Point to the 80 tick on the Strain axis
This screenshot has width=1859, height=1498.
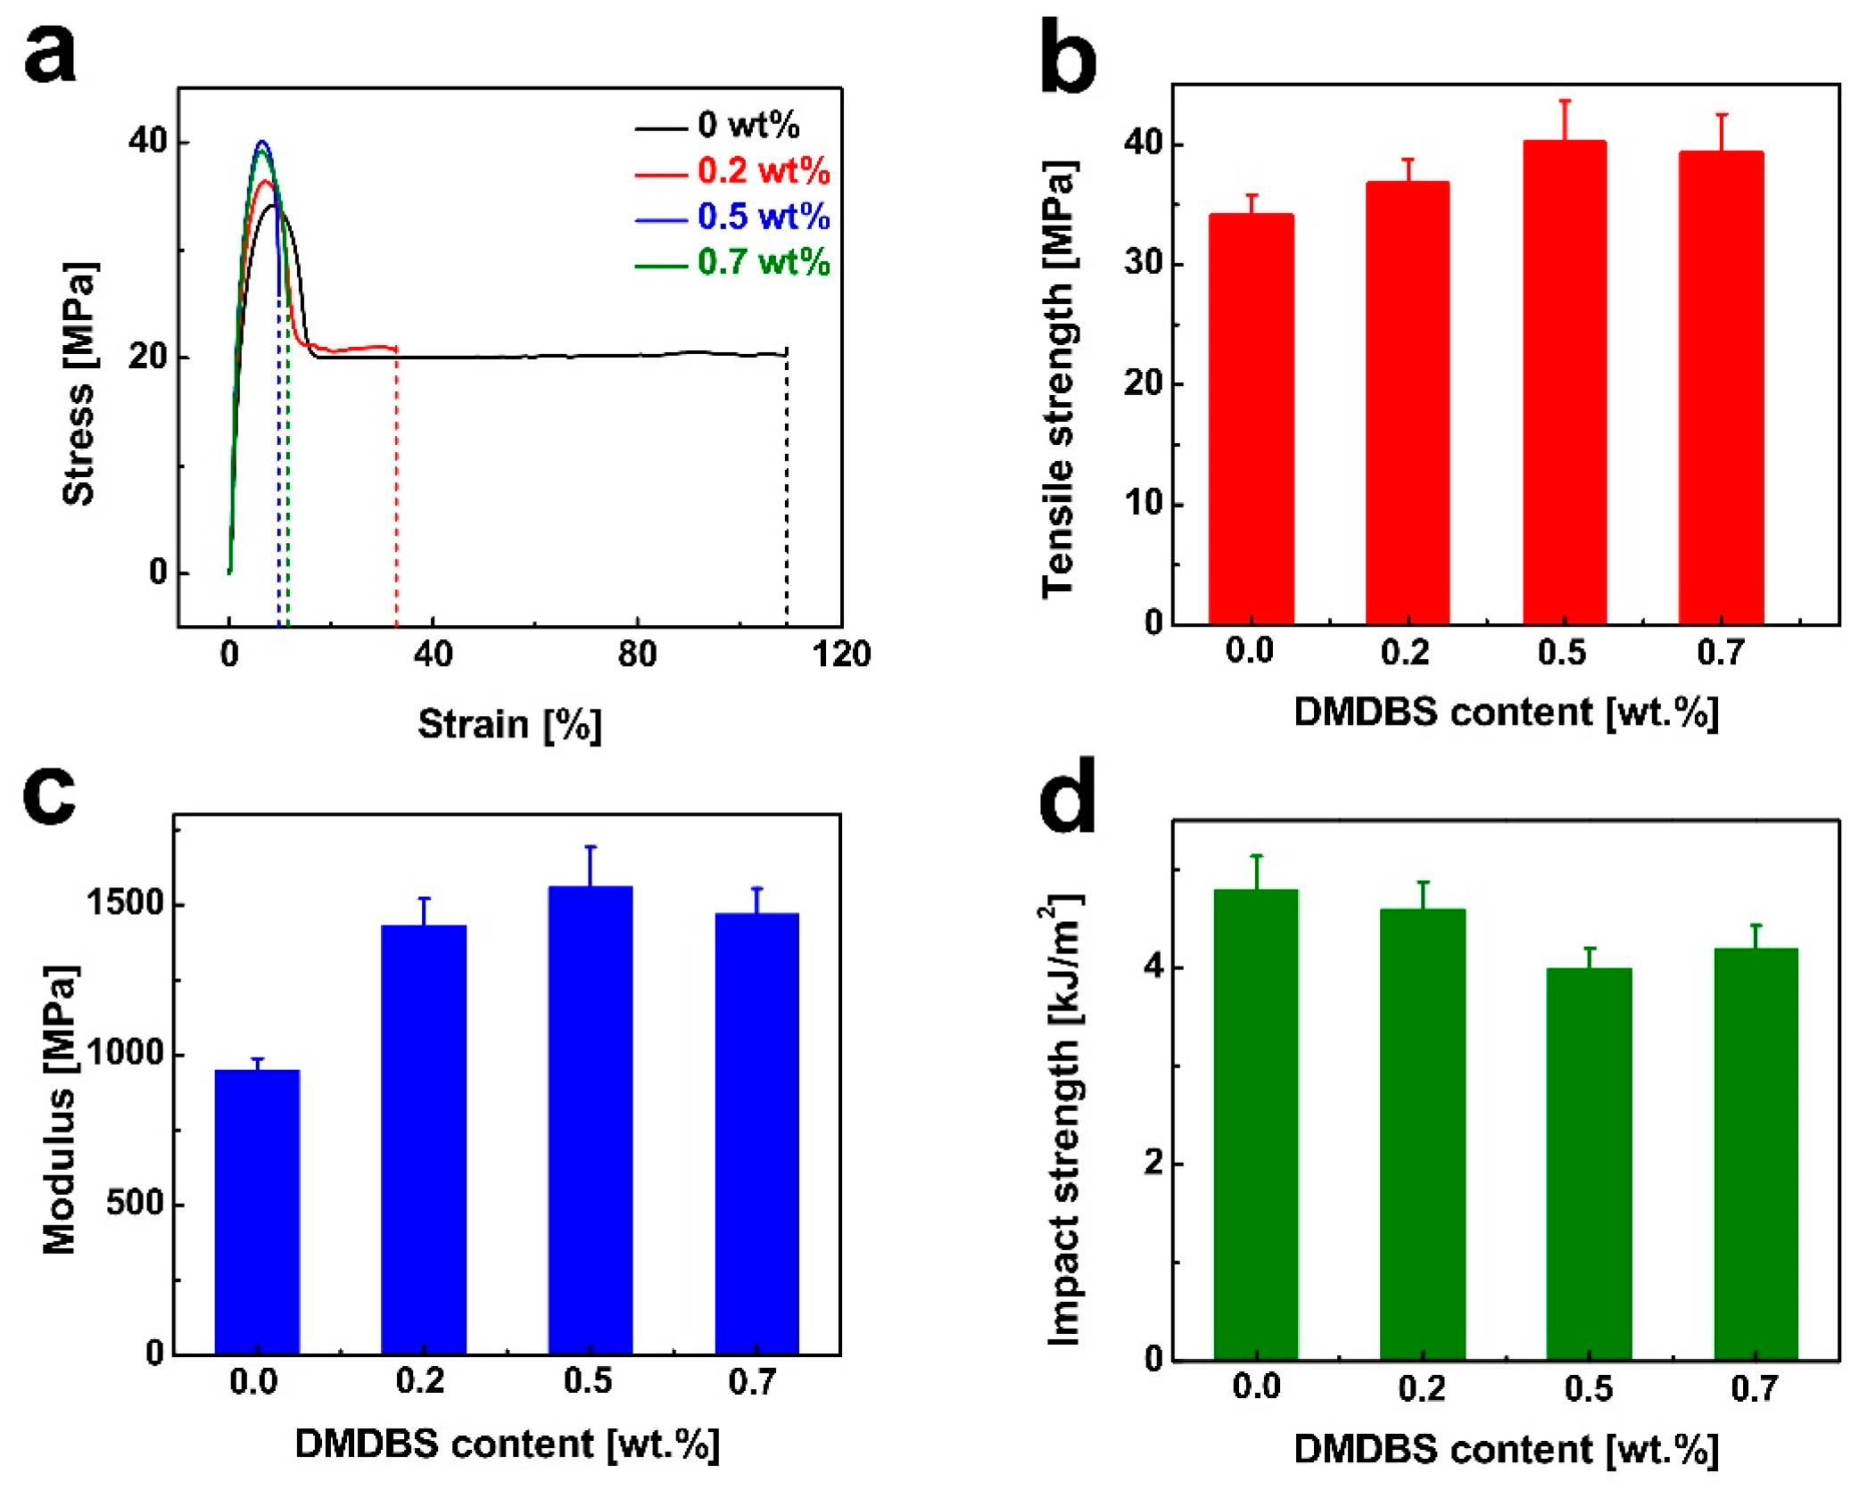[x=637, y=654]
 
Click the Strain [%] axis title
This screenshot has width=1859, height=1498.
[x=509, y=724]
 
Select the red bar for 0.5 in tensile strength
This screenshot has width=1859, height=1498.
[x=1564, y=383]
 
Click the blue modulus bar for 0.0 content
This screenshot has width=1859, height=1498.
[x=257, y=1213]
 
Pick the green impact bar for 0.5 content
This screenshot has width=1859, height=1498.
[x=1589, y=1164]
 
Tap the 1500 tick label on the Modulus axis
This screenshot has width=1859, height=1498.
[x=126, y=903]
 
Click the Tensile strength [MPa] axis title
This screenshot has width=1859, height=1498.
[x=1059, y=379]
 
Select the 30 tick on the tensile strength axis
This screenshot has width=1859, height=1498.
[x=1144, y=263]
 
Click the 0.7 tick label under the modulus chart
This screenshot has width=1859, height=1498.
[x=753, y=1382]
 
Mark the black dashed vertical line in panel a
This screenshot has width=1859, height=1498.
[x=786, y=490]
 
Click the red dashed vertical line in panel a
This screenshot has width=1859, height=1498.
[x=396, y=490]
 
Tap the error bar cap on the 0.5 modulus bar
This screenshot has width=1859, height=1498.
[x=591, y=846]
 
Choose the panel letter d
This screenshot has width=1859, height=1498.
[x=1067, y=796]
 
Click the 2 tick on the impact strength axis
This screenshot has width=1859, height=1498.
[x=1154, y=1164]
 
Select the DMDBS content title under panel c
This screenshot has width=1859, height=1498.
[x=507, y=1444]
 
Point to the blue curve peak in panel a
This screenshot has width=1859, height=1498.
[x=261, y=141]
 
